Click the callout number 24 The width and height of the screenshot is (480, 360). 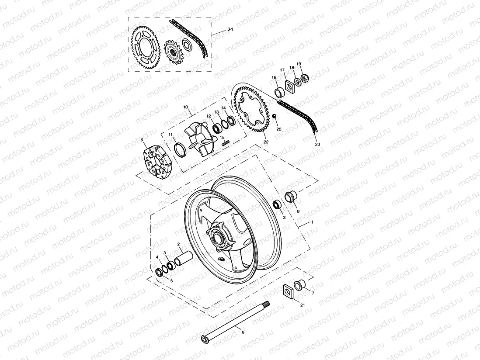(x=230, y=29)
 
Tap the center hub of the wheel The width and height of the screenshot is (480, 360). (x=217, y=239)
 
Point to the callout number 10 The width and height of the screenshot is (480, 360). (x=185, y=107)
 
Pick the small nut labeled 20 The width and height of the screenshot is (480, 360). (x=274, y=116)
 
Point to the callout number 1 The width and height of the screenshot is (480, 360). (x=312, y=222)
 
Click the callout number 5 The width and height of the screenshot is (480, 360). (x=171, y=281)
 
